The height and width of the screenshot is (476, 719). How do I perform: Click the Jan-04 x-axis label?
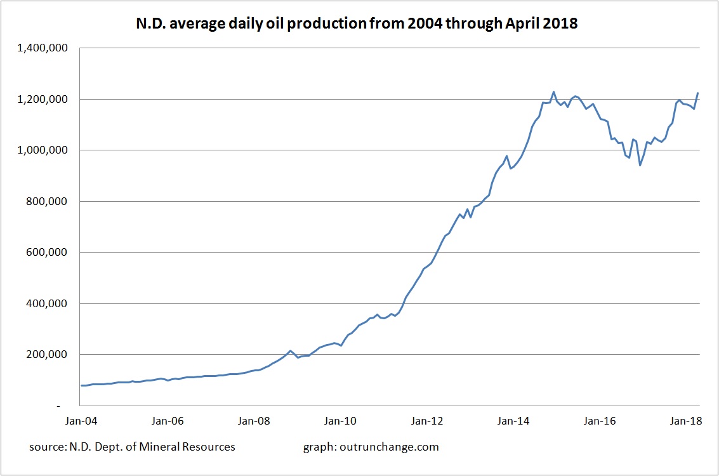[82, 421]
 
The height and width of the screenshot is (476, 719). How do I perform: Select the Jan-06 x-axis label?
[168, 421]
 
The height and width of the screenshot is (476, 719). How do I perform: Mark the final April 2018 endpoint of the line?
[698, 93]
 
